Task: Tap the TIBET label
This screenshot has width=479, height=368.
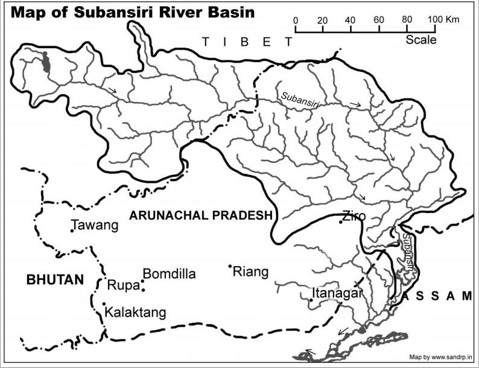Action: [x=247, y=42]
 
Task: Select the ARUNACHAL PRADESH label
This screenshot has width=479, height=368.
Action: [x=201, y=215]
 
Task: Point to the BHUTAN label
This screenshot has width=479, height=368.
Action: [x=54, y=279]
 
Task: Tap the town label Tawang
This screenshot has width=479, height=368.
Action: [x=95, y=226]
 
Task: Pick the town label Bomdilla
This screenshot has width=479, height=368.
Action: [x=169, y=274]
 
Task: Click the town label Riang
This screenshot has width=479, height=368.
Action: [x=250, y=271]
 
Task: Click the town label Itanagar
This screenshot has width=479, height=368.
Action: [x=337, y=294]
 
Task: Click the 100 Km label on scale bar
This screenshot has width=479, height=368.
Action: [x=444, y=20]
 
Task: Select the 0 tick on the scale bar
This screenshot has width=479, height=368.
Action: [x=296, y=28]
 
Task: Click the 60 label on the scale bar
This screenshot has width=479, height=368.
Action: [x=379, y=20]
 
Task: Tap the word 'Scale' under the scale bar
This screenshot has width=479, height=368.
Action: [x=420, y=40]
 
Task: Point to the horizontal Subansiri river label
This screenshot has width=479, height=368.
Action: [x=299, y=100]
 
